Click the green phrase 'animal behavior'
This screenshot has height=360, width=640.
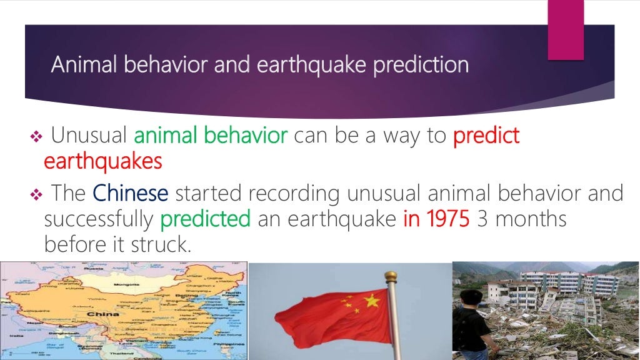[211, 135]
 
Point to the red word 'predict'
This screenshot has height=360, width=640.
[486, 136]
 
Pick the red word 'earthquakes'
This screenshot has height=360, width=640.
[103, 161]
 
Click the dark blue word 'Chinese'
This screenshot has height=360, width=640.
[131, 193]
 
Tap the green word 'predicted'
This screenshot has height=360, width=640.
[205, 219]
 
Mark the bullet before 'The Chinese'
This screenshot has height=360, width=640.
[35, 194]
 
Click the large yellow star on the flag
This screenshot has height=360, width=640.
[371, 302]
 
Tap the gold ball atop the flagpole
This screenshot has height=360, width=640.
[391, 276]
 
